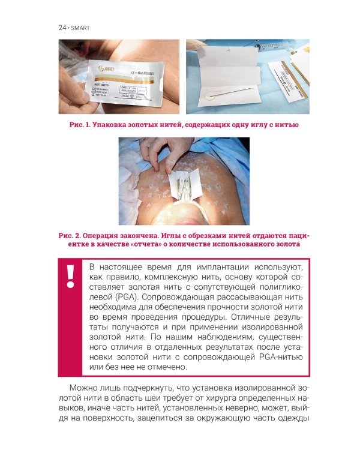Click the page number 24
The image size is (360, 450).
[x=62, y=28]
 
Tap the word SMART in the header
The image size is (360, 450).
[x=80, y=28]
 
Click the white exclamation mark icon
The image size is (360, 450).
[x=70, y=276]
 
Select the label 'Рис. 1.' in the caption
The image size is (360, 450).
[x=80, y=125]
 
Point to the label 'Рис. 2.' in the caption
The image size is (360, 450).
[x=69, y=236]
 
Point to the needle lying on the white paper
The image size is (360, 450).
[x=233, y=94]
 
